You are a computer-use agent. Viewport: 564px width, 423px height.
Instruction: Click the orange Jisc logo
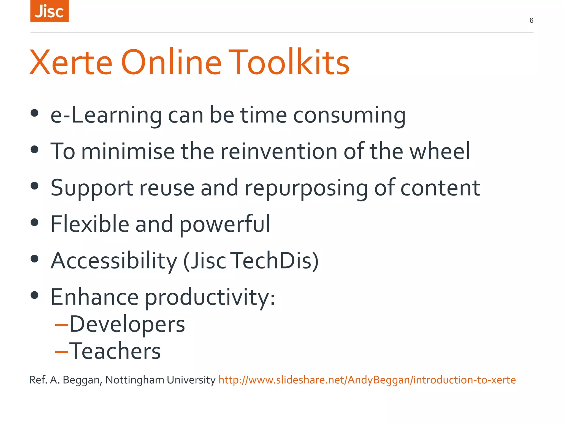(x=49, y=11)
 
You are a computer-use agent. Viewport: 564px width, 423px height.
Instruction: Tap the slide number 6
(x=531, y=20)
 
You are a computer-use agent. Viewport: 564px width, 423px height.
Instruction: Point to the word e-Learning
(x=106, y=115)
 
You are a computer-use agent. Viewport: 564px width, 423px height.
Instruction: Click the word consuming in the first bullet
(x=349, y=115)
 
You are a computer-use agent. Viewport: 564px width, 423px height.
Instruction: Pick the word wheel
(x=440, y=151)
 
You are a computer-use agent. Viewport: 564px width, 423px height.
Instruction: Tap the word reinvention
(x=279, y=151)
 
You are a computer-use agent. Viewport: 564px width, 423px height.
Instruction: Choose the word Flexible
(x=90, y=224)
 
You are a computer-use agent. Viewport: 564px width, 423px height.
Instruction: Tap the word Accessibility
(x=114, y=261)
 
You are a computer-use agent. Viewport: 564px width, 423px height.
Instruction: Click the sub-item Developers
(x=127, y=324)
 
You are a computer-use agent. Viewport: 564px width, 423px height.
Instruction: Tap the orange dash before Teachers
(x=62, y=352)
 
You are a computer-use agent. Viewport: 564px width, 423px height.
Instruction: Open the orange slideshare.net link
(x=367, y=380)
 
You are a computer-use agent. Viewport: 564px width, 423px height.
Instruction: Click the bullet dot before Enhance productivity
(x=34, y=295)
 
